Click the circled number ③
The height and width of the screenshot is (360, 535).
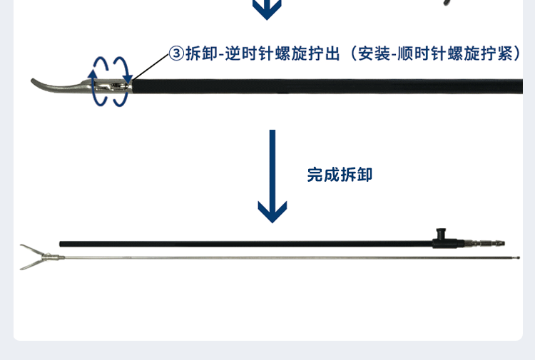point(175,53)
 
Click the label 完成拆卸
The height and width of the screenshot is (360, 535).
point(340,175)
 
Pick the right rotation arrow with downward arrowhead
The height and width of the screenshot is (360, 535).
point(125,78)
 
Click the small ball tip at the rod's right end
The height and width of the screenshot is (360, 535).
point(518,257)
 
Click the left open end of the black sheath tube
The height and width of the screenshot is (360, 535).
point(61,244)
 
